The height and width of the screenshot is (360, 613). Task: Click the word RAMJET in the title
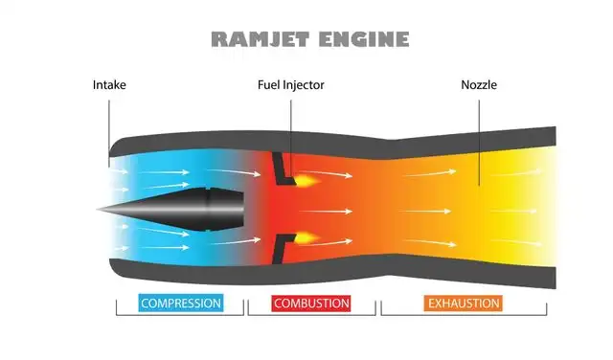tap(261, 39)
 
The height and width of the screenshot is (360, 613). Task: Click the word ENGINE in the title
tap(364, 39)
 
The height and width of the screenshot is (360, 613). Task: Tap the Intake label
tap(109, 85)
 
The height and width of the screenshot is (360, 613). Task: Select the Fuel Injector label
tap(291, 85)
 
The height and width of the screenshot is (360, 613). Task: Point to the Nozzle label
tap(479, 85)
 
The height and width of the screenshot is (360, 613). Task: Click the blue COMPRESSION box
tap(181, 303)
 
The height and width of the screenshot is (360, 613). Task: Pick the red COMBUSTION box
tap(311, 303)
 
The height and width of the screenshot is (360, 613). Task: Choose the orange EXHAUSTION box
tap(464, 303)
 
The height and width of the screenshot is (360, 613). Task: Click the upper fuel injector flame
tap(306, 180)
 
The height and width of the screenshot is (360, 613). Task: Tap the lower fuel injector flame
tap(306, 237)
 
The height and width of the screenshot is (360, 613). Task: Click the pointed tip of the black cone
tap(98, 210)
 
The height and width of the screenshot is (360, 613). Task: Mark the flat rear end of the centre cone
tap(243, 211)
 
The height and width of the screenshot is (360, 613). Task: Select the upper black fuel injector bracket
tap(283, 169)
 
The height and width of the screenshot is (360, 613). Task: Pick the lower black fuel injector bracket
tap(284, 249)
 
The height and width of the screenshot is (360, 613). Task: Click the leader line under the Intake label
tap(109, 133)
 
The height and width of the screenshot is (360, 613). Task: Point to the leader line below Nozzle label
tap(479, 143)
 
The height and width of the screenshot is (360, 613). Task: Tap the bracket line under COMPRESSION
tap(180, 314)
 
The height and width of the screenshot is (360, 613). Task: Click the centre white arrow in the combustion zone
tap(326, 212)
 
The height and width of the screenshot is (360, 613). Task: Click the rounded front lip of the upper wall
tap(114, 147)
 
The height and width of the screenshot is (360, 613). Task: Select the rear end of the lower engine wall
tap(554, 278)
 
